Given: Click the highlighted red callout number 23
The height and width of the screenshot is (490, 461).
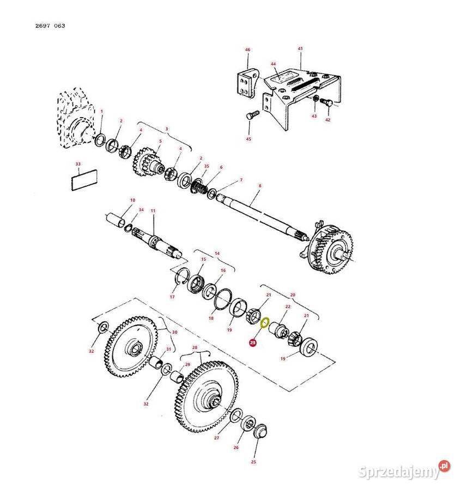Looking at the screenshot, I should click(x=252, y=343).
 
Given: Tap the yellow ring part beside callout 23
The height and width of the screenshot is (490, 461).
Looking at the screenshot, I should click(x=265, y=323).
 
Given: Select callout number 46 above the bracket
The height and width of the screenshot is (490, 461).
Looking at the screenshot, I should click(x=247, y=50).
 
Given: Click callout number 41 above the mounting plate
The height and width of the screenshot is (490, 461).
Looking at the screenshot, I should click(x=300, y=48).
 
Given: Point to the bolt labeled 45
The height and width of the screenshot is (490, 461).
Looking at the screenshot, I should click(x=252, y=116).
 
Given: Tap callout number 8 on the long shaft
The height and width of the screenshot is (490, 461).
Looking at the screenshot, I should click(x=260, y=186).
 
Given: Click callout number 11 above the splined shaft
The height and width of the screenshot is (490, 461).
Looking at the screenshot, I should click(x=153, y=211).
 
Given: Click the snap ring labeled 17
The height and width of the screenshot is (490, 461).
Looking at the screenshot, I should click(x=180, y=278).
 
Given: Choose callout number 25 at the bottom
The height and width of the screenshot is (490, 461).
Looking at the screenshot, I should click(x=253, y=462).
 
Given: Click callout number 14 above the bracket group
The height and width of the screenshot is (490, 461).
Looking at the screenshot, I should click(x=217, y=254).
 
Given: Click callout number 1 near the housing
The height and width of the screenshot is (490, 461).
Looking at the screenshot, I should click(x=102, y=111).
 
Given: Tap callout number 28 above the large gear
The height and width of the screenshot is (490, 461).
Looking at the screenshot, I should click(x=195, y=347).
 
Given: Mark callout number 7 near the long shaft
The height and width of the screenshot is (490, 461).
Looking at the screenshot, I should click(x=241, y=180).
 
